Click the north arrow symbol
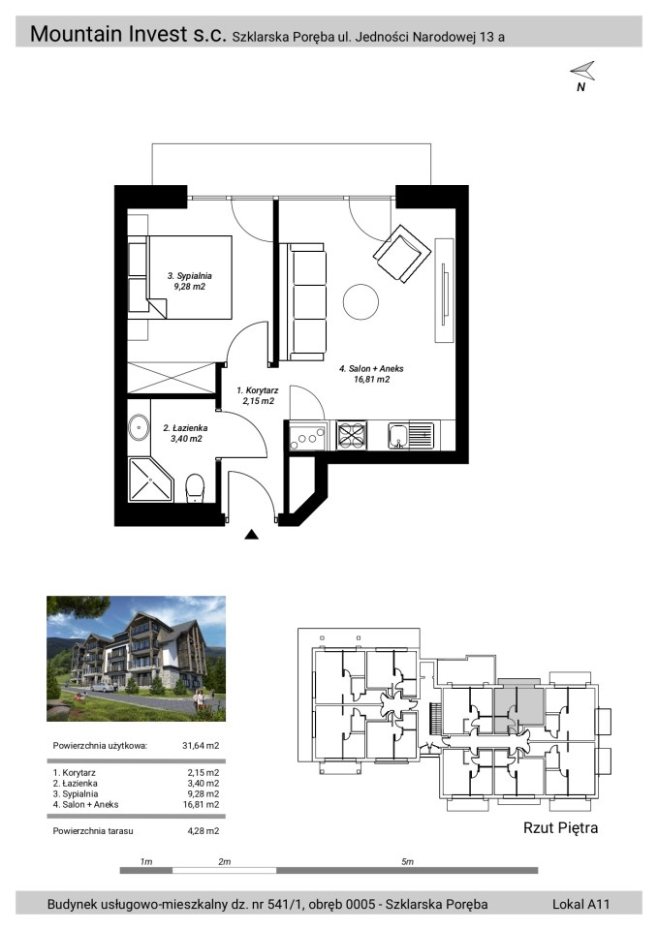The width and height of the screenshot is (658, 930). click(583, 71)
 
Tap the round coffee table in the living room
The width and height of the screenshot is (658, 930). click(360, 301)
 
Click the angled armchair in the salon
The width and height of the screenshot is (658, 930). click(402, 253)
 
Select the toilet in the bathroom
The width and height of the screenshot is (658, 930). click(195, 487)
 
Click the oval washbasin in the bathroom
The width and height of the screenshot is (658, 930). click(139, 427)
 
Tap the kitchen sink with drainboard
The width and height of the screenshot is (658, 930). click(411, 435)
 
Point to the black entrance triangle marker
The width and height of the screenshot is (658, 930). click(252, 535)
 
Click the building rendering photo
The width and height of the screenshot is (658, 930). click(136, 659)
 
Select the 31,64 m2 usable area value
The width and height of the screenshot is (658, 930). click(201, 746)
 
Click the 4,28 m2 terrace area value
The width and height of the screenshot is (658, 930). click(203, 831)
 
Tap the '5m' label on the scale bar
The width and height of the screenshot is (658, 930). click(407, 861)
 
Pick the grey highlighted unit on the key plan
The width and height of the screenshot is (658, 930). click(519, 706)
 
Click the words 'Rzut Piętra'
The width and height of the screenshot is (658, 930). click(560, 828)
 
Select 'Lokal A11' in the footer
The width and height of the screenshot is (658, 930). click(580, 904)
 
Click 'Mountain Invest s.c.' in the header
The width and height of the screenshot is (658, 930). click(128, 34)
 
